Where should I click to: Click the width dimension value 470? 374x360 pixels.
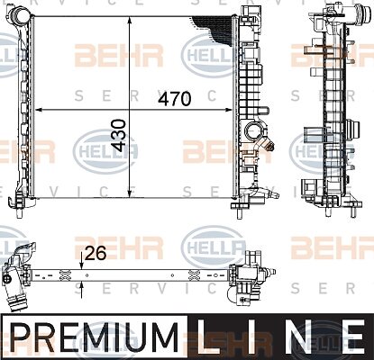point(174,99)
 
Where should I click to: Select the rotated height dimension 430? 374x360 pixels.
point(118,135)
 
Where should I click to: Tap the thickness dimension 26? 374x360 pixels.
point(96,254)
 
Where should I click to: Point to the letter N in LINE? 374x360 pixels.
point(300,337)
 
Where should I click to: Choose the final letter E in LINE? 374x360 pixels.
point(353,337)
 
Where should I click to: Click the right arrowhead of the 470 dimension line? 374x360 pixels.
point(229,110)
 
